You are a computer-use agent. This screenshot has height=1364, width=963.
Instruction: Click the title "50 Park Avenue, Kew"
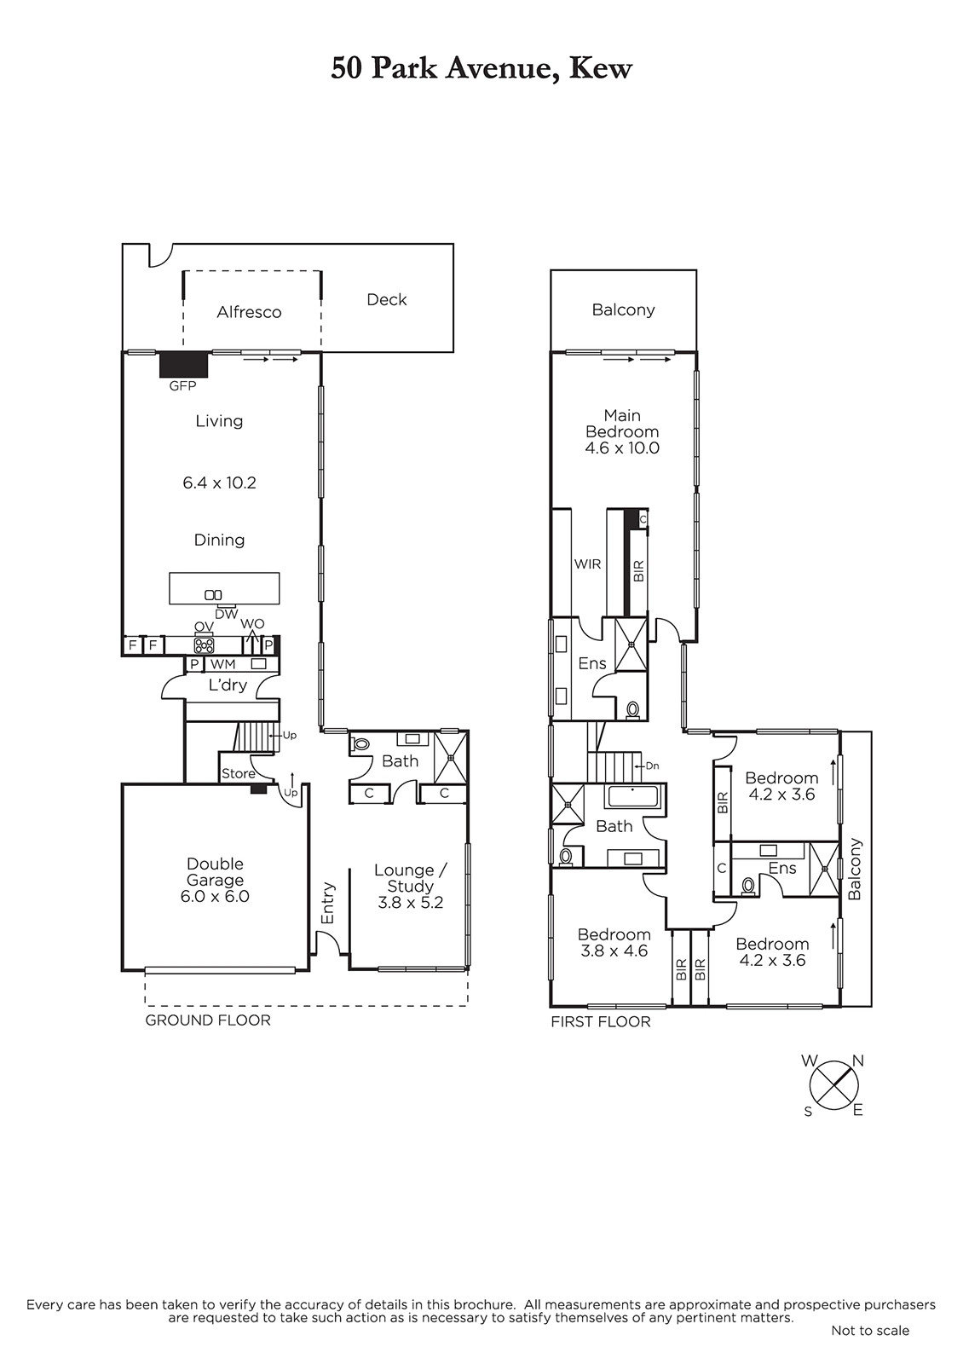pos(481,69)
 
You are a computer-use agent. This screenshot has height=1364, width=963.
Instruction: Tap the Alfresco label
pos(249,312)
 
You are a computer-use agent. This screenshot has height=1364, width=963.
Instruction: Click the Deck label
pos(387,299)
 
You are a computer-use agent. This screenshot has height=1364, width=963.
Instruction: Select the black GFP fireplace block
pos(184,365)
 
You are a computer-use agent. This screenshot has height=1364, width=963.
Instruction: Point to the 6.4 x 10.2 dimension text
pos(219,483)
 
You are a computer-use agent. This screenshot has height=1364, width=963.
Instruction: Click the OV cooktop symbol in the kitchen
pos(204,644)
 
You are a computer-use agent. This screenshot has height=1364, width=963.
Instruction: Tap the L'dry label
pos(228,685)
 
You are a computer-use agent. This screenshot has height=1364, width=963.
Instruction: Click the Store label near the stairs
pos(238,773)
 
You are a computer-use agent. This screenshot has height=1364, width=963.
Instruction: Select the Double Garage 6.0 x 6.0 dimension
pos(215,896)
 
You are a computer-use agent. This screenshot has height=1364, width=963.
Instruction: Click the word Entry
pos(328,903)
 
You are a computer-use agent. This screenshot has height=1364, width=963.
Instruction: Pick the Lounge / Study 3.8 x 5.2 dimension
pos(410,903)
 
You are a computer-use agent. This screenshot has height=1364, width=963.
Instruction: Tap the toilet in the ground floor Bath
pos(361,743)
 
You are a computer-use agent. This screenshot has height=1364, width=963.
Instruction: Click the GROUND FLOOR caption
pos(208,1020)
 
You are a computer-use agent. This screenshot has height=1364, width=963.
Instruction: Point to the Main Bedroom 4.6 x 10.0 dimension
pos(622,448)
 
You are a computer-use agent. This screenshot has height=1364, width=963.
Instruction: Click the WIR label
pos(587,564)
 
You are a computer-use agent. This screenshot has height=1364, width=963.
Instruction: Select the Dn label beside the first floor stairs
pos(652,766)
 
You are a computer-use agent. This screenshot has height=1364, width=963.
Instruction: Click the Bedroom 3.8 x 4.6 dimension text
pos(614,951)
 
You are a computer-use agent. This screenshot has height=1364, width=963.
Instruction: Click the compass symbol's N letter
pos(857,1061)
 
